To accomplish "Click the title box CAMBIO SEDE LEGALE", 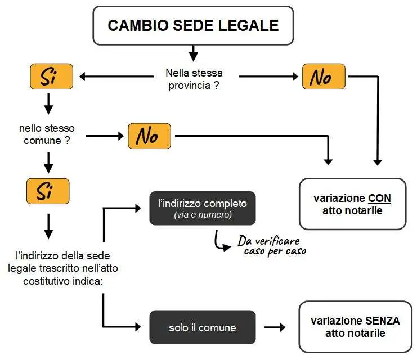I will click(193, 25).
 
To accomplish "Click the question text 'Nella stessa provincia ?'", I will click(194, 78).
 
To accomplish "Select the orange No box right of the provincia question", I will click(323, 77).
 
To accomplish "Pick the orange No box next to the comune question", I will click(149, 136).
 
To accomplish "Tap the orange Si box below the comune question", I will click(48, 191).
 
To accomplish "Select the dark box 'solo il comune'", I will click(203, 327).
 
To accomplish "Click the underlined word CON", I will click(379, 199).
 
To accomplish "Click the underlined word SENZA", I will click(382, 321).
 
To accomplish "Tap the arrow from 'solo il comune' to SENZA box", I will click(275, 327).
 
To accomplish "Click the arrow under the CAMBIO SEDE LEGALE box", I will click(194, 53).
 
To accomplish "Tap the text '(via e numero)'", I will click(203, 214).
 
